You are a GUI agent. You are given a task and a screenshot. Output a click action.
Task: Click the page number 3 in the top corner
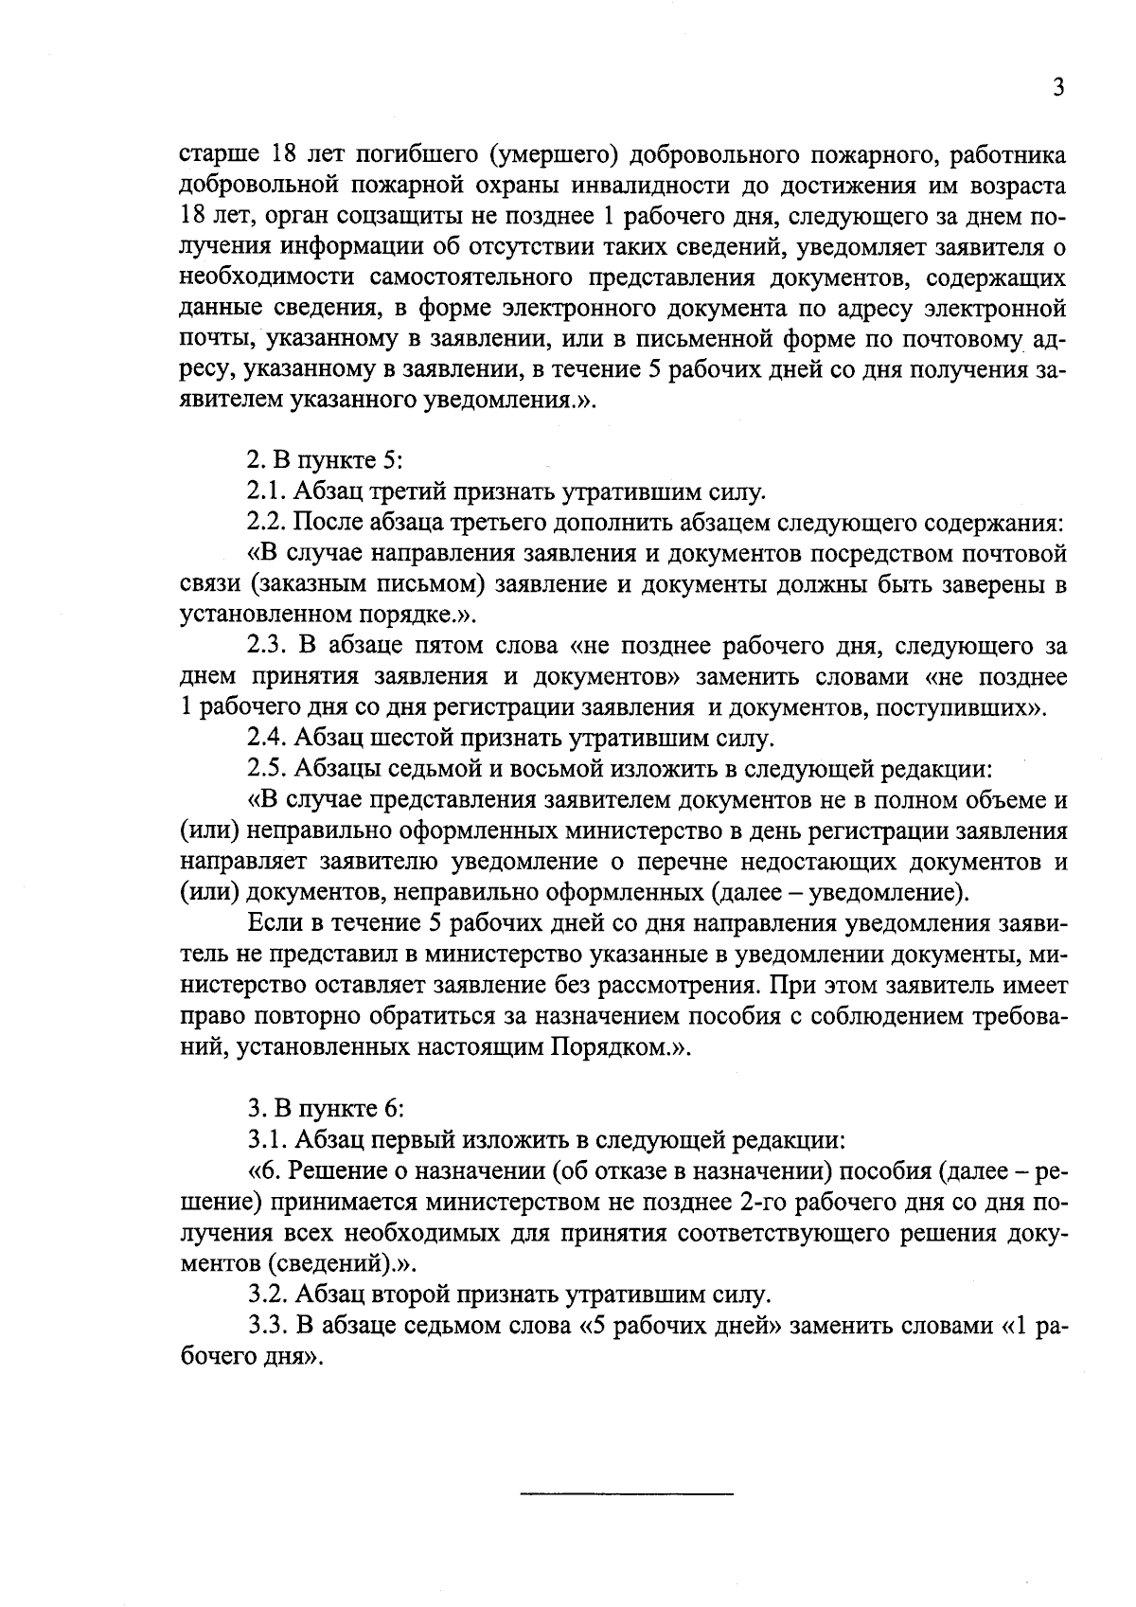[x=1058, y=88]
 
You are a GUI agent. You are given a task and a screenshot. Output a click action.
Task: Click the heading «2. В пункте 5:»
[x=326, y=461]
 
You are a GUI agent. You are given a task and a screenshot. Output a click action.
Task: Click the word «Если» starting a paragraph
[x=270, y=922]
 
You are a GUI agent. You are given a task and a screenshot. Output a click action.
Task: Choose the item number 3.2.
[x=268, y=1295]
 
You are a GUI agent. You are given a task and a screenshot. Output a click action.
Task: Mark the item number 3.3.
[x=268, y=1326]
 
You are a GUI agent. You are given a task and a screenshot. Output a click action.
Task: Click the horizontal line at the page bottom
[x=627, y=1493]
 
